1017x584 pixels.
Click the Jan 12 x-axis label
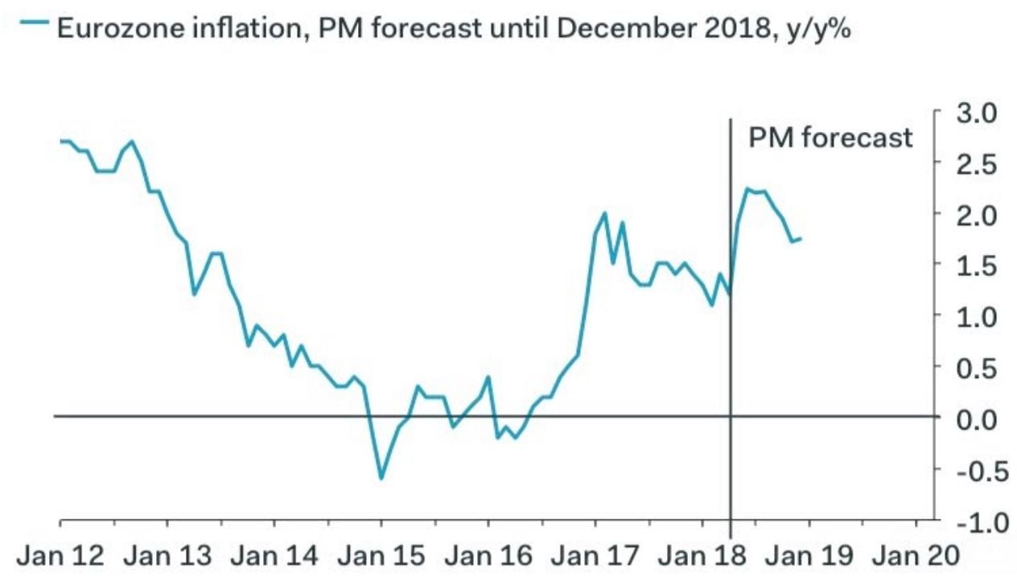[60, 556]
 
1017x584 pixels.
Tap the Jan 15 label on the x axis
[381, 556]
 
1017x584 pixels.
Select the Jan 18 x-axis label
[703, 556]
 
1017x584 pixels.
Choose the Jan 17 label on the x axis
[595, 556]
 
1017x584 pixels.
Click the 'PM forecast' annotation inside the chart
[830, 138]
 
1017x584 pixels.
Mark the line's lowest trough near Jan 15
[381, 478]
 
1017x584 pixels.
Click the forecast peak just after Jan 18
[747, 190]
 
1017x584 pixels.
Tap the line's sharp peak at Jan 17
[604, 213]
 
